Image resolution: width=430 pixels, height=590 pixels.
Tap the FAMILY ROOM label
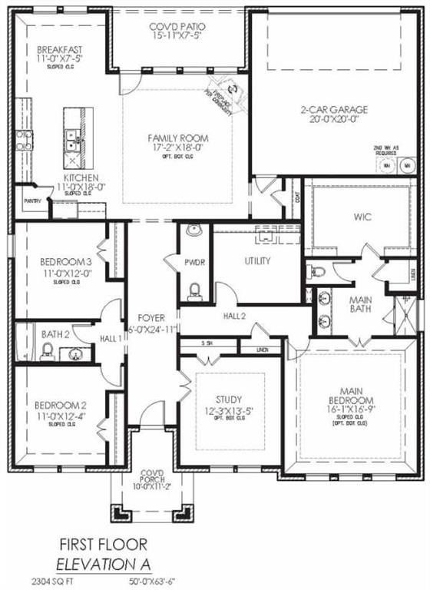click(178, 138)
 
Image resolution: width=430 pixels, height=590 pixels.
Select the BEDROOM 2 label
click(59, 405)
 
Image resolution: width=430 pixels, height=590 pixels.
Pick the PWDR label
click(194, 262)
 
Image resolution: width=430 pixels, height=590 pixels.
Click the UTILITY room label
click(257, 261)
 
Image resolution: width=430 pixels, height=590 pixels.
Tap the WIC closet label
click(363, 217)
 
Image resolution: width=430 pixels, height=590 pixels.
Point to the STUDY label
click(229, 399)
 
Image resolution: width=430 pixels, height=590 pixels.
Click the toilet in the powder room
click(194, 290)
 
